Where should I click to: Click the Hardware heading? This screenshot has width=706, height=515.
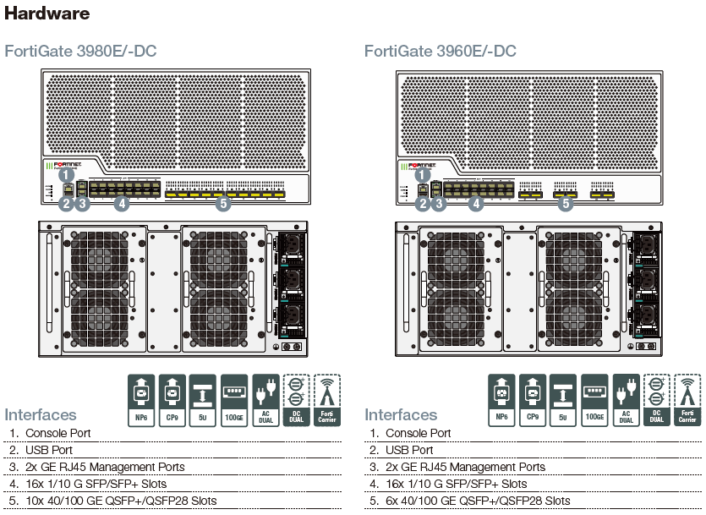point(47,14)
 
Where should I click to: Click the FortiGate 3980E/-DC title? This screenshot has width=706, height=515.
point(80,52)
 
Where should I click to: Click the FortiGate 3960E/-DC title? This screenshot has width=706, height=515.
point(440,52)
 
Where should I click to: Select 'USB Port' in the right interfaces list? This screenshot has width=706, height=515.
point(409,450)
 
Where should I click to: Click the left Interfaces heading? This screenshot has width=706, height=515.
point(41,415)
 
